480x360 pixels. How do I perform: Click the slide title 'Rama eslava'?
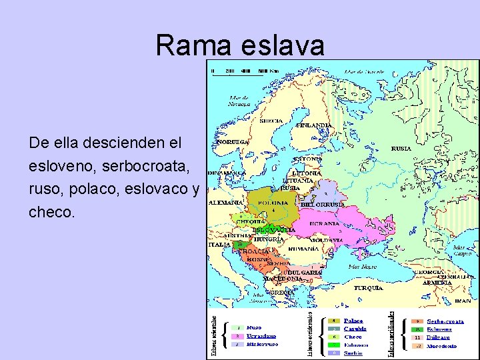point(240,45)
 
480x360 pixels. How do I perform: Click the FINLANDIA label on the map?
point(314,125)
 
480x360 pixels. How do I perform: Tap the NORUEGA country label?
point(231,142)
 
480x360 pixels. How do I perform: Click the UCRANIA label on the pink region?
point(324,223)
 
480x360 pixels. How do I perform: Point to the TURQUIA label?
point(368,287)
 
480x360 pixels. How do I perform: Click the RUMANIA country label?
point(303,248)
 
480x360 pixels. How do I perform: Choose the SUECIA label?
point(271,121)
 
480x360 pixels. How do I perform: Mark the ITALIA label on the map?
point(219,245)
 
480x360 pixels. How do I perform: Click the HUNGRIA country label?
point(268,239)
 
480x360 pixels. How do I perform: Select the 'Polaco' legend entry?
point(354,321)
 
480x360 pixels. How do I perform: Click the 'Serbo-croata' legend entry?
point(446,321)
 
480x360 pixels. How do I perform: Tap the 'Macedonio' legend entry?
point(443,346)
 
